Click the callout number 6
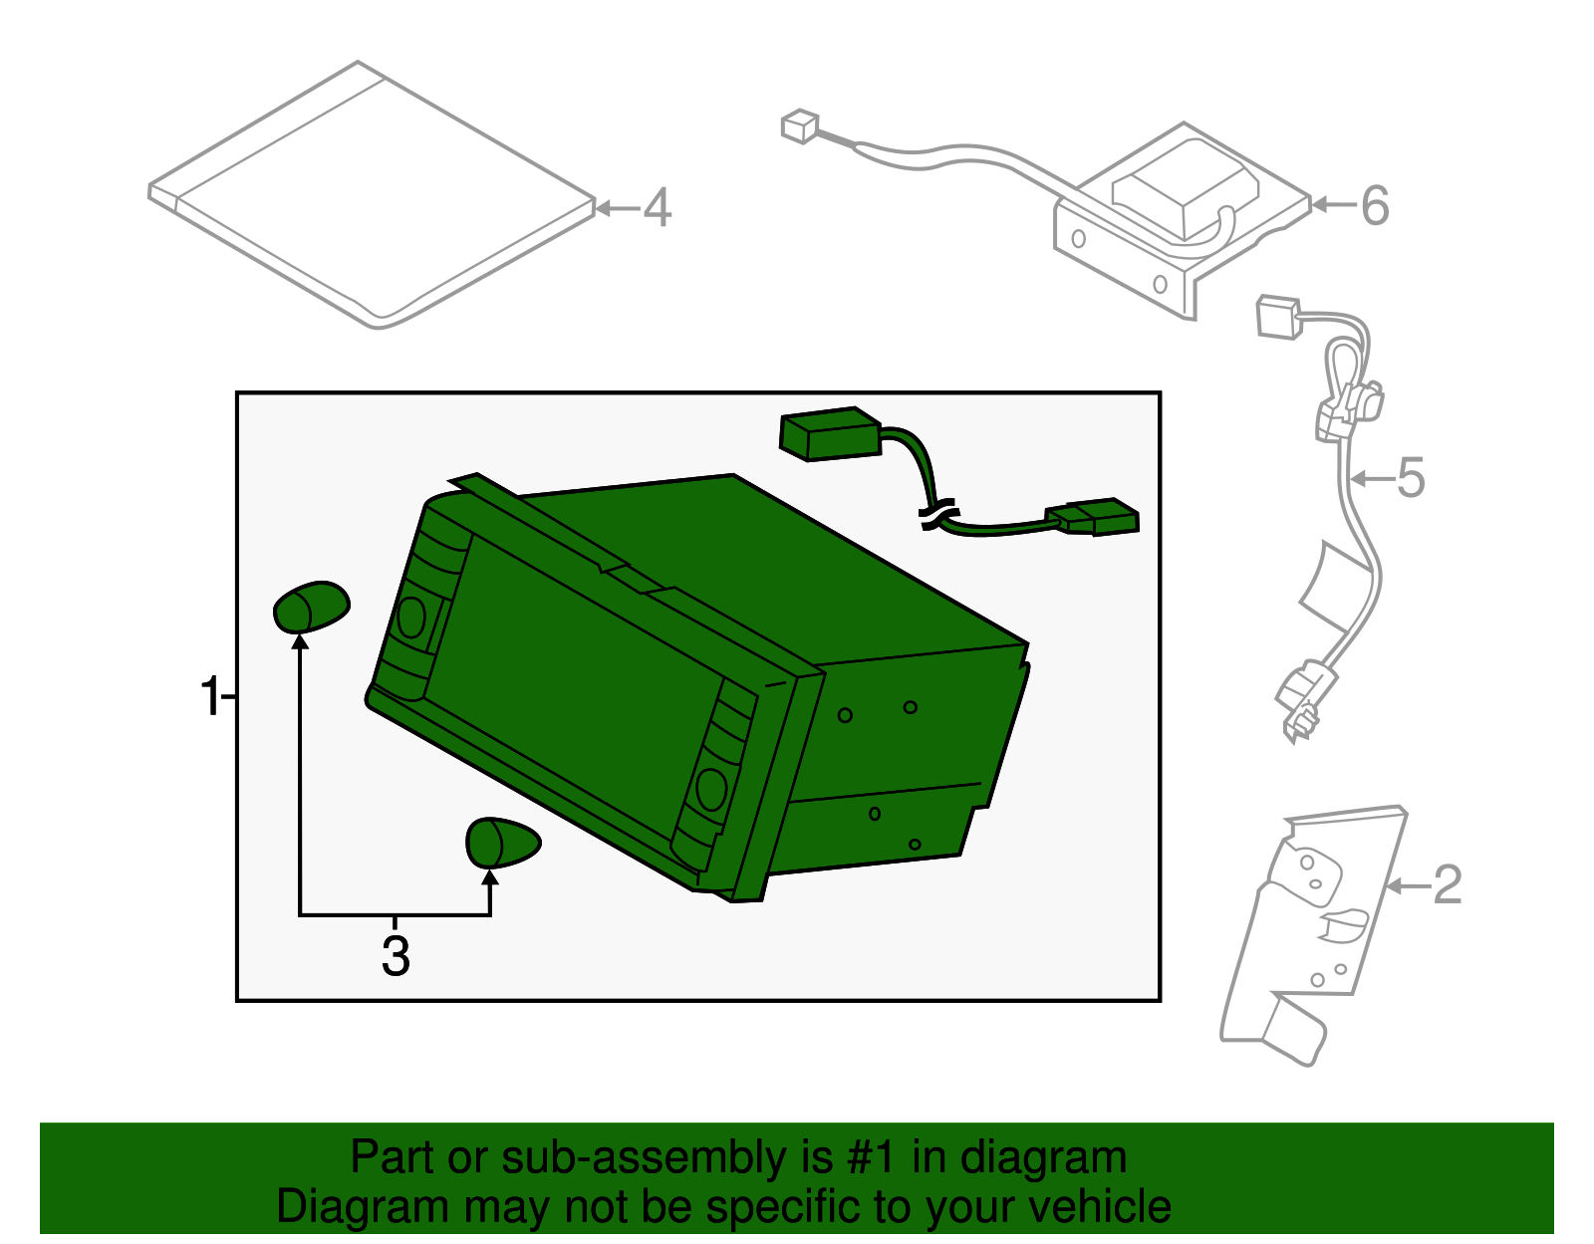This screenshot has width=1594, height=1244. pos(1376,205)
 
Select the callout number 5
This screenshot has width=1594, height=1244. pos(1411,478)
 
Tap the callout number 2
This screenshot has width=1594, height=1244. pos(1448,884)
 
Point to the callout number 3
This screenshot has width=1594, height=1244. pos(396,956)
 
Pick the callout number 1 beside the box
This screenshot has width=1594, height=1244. pos(210,695)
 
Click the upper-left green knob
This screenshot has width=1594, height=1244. pos(311,607)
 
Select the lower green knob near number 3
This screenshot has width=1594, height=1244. pos(503,843)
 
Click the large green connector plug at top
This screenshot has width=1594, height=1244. pos(831,434)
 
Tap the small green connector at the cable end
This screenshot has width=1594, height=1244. pos(1093,517)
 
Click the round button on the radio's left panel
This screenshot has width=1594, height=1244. pos(411,618)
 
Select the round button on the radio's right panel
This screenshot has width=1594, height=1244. pos(710,790)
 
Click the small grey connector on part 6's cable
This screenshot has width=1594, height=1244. pos(800,126)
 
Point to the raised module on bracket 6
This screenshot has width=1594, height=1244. pos(1185,188)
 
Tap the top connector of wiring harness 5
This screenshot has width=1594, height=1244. pos(1279,318)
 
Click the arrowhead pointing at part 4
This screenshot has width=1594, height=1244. pos(603,208)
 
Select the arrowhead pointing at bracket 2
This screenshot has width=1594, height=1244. pos(1394,886)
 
